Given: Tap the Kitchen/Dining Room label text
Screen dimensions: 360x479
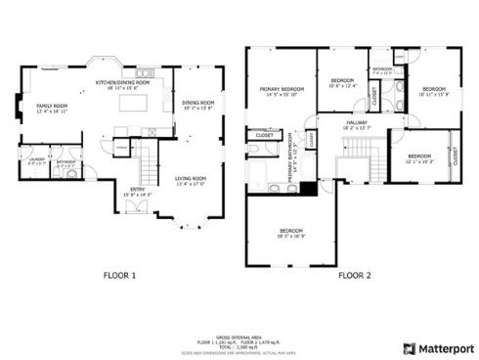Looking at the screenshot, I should point(121,83).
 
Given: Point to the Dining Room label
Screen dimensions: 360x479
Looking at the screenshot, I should point(197,105).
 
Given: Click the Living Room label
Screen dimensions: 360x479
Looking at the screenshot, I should point(190,179).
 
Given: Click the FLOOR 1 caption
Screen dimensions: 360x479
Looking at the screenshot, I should point(119,276).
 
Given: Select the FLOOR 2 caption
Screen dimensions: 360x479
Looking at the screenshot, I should point(355,276).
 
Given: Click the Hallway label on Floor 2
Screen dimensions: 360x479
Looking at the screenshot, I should point(355,124).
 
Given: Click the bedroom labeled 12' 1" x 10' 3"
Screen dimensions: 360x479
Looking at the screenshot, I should point(419,158).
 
